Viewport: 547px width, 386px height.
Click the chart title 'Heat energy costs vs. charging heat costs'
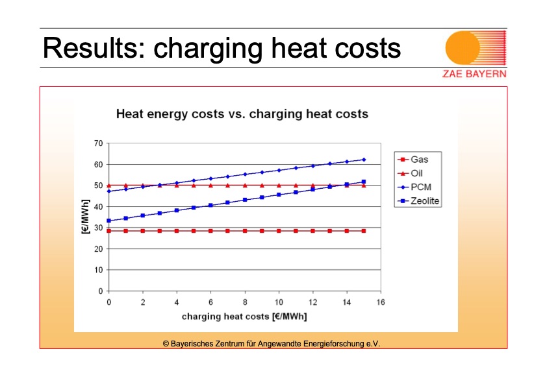point(242,114)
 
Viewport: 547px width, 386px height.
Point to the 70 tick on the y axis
point(99,143)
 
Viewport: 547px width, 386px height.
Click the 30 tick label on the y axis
point(99,228)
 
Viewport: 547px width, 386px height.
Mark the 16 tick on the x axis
point(381,302)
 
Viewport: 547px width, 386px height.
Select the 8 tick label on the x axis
point(245,302)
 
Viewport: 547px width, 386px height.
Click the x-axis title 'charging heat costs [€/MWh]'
point(244,317)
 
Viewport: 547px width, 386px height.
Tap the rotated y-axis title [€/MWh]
point(85,217)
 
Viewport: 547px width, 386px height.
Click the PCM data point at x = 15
point(364,160)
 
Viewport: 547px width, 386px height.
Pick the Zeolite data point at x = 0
point(109,221)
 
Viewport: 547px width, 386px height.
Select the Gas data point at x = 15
point(364,231)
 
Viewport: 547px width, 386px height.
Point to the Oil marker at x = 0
point(109,186)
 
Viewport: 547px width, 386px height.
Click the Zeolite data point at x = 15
point(364,182)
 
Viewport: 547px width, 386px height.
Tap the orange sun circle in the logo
point(463,47)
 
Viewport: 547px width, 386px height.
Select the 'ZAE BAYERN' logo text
point(474,73)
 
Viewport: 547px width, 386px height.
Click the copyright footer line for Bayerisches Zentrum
point(271,343)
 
